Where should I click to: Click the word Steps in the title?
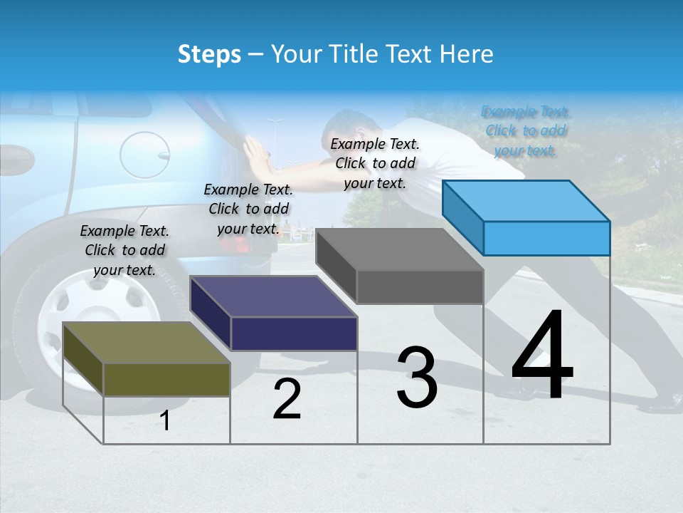pyautogui.click(x=208, y=54)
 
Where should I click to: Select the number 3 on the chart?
pyautogui.click(x=417, y=377)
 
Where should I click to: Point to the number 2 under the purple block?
pyautogui.click(x=287, y=399)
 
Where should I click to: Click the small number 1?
pyautogui.click(x=165, y=420)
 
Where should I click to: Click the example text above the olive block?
pyautogui.click(x=125, y=250)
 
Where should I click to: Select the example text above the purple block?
pyautogui.click(x=248, y=209)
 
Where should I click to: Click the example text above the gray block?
pyautogui.click(x=375, y=163)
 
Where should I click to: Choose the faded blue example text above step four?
pyautogui.click(x=525, y=131)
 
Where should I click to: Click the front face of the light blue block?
pyautogui.click(x=546, y=238)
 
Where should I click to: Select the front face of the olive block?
pyautogui.click(x=166, y=379)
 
